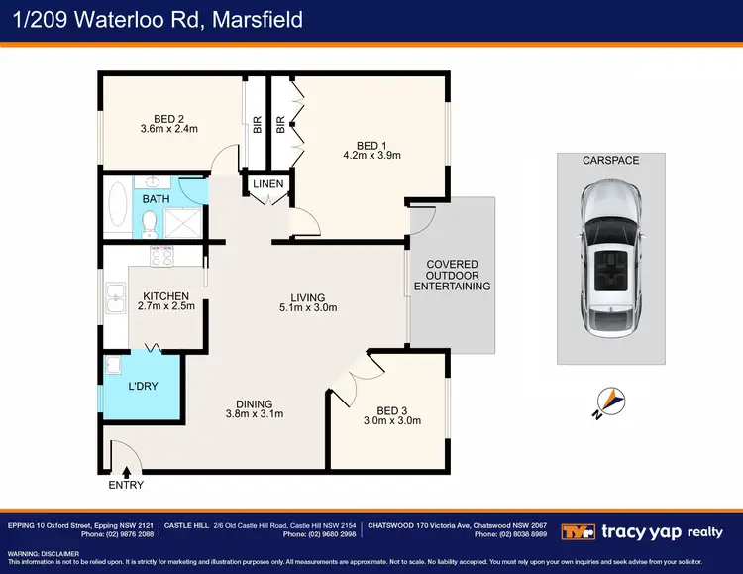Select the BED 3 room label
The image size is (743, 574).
(391, 410)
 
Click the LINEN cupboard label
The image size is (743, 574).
(268, 184)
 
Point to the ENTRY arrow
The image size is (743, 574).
(126, 472)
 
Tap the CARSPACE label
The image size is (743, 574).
(610, 160)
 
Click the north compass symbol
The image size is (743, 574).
(608, 402)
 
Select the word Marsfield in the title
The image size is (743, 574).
(256, 19)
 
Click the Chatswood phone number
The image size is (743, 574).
(511, 533)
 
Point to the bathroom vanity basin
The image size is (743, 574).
(153, 183)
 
